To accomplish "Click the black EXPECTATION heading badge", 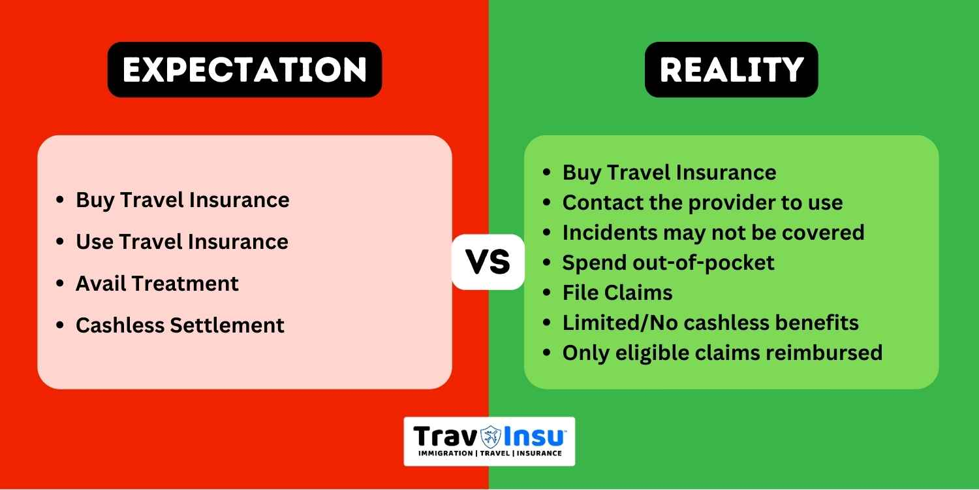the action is [x=245, y=69].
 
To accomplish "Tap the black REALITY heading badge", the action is [x=731, y=69].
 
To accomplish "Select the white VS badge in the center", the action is [x=488, y=261].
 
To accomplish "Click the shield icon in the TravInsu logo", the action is [x=491, y=436].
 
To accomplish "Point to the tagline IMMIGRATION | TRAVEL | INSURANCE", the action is [x=490, y=453].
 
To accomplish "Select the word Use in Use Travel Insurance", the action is [x=95, y=242].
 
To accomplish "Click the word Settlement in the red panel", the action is [x=227, y=325].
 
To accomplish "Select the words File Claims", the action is [x=617, y=293].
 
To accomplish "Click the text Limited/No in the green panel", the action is [x=620, y=323].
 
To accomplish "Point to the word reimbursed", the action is [x=825, y=353].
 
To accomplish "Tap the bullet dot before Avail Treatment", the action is [x=60, y=283].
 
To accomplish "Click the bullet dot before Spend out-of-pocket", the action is [x=546, y=263].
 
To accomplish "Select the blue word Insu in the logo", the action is [x=534, y=436].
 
